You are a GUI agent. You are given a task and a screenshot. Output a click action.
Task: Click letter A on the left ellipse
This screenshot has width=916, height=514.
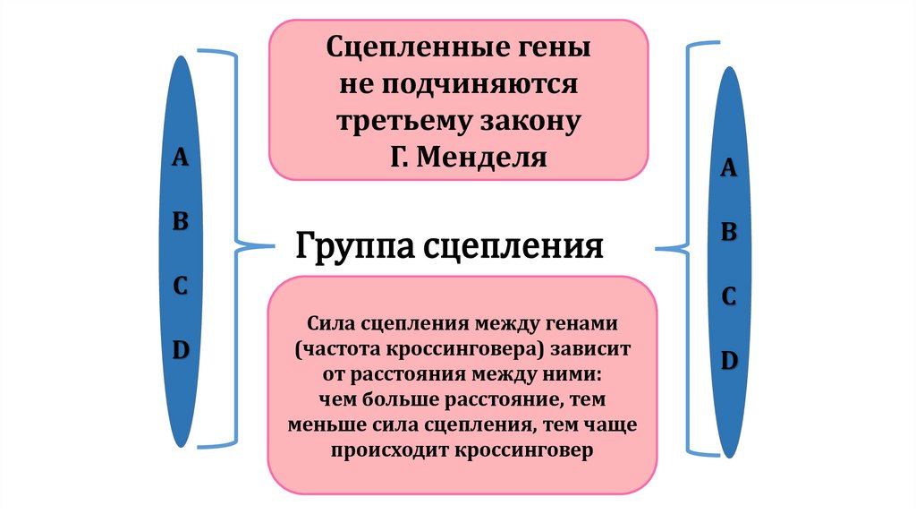tap(180, 158)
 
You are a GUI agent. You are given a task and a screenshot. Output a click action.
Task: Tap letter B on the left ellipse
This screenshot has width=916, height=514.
tap(180, 223)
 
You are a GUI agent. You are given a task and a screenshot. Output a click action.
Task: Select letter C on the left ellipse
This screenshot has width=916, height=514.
tap(180, 287)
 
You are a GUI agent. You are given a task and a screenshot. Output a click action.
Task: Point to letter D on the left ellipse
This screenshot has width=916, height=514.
tap(180, 351)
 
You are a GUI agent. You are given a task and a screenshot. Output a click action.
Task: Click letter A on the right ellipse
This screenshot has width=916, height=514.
tap(729, 169)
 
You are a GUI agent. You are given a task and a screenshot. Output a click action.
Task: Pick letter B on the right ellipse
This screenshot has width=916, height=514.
tap(729, 234)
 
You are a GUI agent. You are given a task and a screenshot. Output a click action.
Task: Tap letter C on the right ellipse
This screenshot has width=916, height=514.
tap(729, 298)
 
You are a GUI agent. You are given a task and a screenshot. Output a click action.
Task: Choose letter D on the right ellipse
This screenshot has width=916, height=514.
tap(729, 362)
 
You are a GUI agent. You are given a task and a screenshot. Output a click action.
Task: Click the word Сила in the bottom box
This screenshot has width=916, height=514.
tap(328, 322)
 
